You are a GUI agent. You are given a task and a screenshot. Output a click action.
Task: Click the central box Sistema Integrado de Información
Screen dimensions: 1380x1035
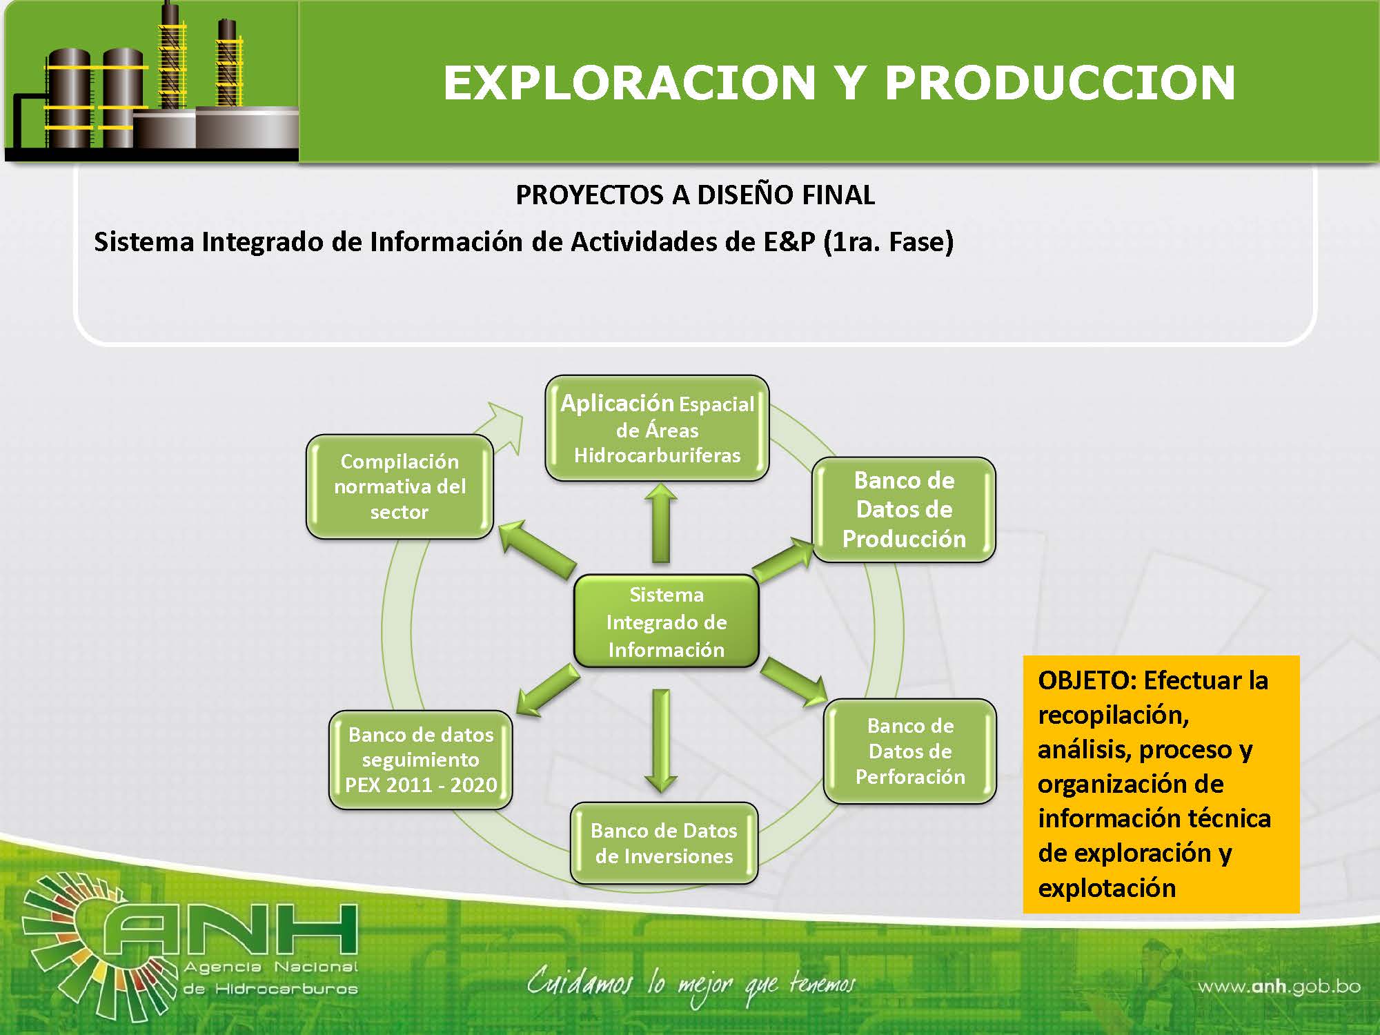667,621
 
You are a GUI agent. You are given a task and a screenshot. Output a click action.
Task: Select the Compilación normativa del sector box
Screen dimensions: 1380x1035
400,486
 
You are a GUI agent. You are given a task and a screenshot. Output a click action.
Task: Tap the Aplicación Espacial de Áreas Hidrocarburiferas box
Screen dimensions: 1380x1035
657,428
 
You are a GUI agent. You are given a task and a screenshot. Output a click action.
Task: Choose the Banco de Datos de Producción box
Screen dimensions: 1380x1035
904,509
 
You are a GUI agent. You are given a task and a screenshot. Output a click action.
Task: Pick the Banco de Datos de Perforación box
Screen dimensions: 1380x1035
910,751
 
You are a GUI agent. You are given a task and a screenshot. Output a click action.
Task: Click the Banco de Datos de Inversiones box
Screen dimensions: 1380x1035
664,842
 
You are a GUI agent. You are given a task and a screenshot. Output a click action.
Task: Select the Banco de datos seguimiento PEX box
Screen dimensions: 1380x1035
421,759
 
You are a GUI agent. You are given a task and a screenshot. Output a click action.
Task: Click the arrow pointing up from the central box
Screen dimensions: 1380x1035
661,522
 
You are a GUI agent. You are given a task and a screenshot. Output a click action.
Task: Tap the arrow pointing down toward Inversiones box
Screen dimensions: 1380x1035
661,740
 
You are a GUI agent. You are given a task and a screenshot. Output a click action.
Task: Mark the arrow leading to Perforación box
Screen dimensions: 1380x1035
793,682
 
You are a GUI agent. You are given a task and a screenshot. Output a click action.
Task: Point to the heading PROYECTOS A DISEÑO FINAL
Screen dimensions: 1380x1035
695,195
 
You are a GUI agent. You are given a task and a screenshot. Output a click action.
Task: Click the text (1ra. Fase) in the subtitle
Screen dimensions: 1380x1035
889,242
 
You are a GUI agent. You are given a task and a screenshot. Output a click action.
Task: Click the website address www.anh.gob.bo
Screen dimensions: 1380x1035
1279,987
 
